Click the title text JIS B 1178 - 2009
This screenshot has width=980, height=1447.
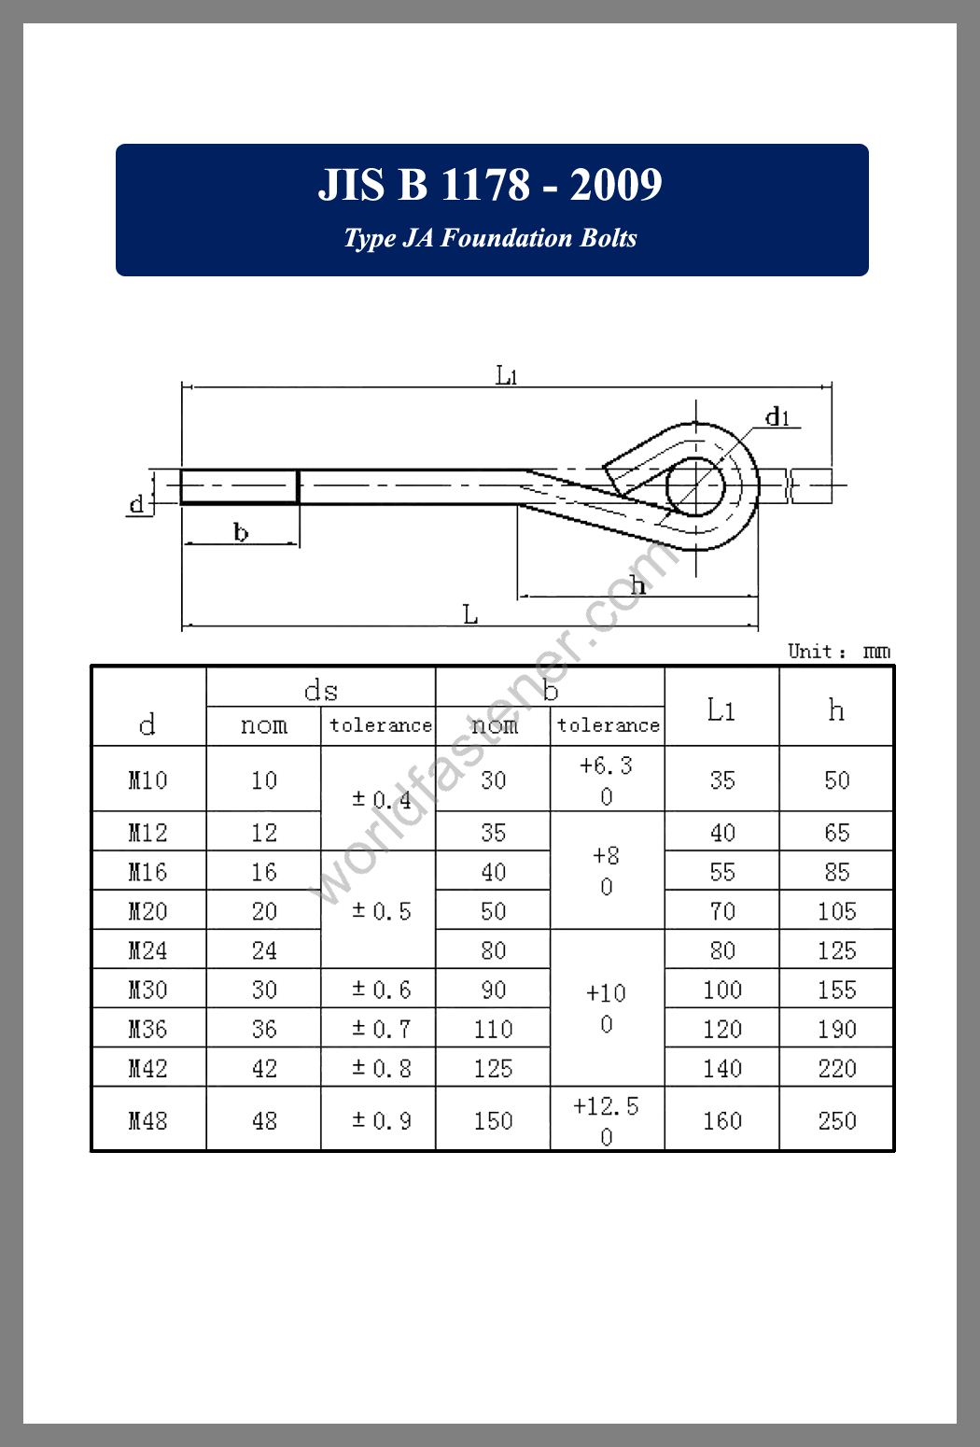click(490, 185)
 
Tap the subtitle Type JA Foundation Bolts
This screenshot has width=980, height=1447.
click(490, 238)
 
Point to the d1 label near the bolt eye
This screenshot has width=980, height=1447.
click(777, 416)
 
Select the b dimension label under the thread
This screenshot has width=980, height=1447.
click(241, 533)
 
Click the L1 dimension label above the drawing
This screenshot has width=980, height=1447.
click(506, 375)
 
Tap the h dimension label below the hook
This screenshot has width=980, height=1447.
click(637, 585)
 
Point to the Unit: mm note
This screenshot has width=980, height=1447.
click(838, 651)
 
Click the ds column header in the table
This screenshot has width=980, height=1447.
click(320, 690)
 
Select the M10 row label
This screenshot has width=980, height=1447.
click(147, 780)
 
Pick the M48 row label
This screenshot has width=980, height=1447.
click(147, 1119)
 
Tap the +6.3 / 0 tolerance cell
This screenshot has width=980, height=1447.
click(607, 780)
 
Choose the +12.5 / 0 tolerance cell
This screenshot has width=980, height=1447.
click(607, 1119)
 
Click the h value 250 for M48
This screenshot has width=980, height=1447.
click(836, 1119)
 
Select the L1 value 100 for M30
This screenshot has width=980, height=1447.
click(721, 990)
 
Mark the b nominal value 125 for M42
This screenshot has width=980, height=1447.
click(493, 1068)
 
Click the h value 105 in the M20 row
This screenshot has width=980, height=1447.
click(836, 911)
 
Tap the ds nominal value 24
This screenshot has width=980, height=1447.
click(264, 950)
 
